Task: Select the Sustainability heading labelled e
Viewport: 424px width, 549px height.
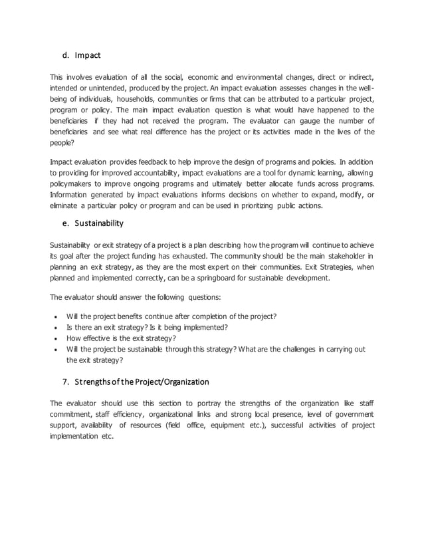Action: tap(98, 223)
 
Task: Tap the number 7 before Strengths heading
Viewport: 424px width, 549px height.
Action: tap(65, 382)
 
